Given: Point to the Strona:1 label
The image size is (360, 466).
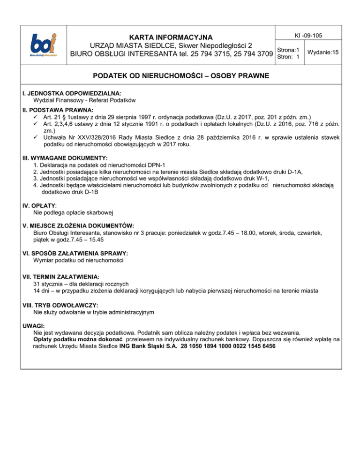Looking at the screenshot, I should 289,50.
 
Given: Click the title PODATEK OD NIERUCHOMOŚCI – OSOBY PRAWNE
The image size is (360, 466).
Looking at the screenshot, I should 180,75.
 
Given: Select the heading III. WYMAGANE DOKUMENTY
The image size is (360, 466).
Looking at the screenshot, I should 65,158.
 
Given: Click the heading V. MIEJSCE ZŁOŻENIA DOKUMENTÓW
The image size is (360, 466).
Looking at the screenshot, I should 78,225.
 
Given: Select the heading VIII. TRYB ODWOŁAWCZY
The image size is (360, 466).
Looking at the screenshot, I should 63,304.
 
